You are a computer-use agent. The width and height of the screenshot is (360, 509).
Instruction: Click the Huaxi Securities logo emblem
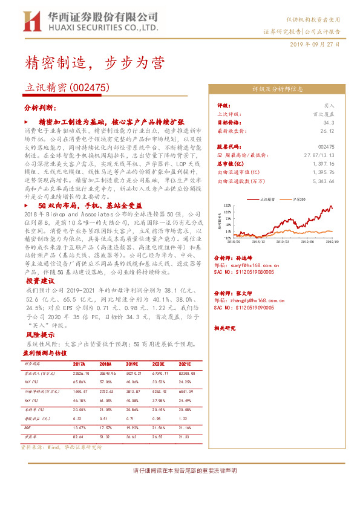tap(31, 21)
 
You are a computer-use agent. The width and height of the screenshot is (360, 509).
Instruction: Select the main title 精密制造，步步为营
tap(94, 63)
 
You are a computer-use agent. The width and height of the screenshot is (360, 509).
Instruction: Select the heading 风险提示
tap(41, 334)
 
